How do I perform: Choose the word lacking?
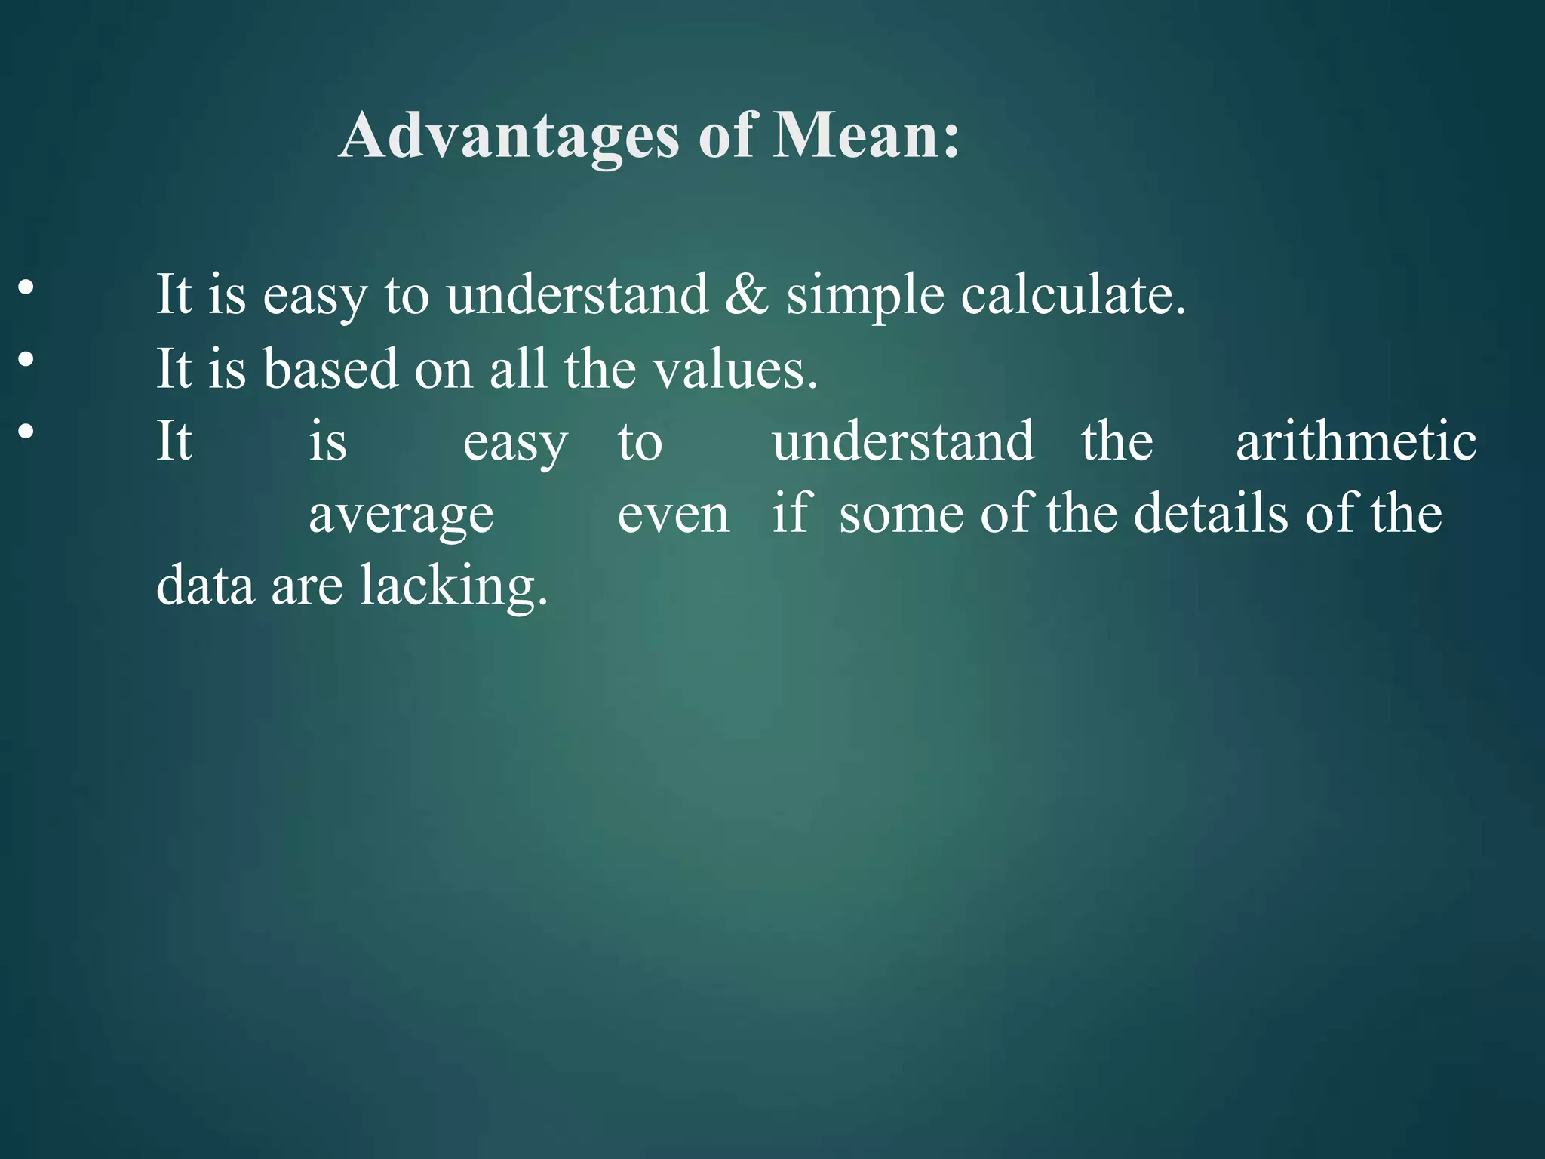[453, 586]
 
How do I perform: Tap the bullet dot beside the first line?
[26, 287]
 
